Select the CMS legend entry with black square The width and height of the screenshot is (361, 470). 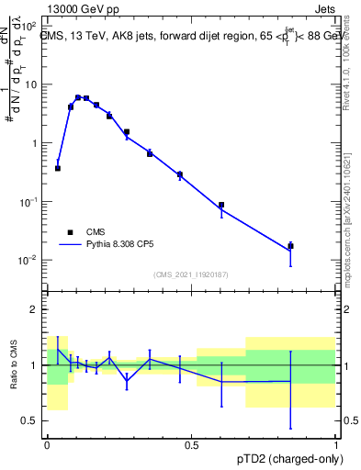point(71,232)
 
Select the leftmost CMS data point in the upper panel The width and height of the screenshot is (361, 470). point(58,168)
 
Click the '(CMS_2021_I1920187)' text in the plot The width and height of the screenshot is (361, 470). point(191,274)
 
